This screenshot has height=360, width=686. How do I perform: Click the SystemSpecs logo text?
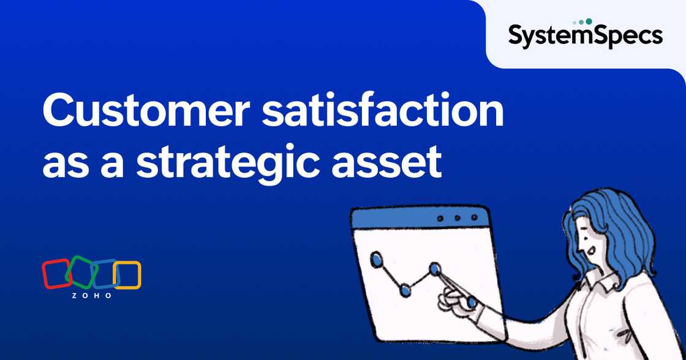tap(585, 36)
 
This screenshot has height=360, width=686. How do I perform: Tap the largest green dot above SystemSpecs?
tap(589, 21)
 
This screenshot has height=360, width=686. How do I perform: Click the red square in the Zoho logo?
tap(56, 274)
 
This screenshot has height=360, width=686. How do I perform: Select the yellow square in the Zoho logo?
tap(127, 275)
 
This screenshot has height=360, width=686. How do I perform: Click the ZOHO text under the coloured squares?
tap(92, 296)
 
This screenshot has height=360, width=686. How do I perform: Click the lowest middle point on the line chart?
tap(405, 290)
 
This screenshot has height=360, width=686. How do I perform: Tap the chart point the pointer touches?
tap(435, 268)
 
